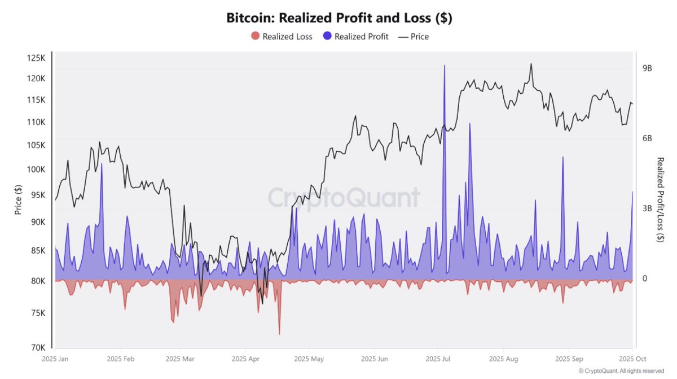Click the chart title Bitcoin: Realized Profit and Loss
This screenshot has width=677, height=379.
(x=339, y=18)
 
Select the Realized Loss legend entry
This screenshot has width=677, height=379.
(x=282, y=37)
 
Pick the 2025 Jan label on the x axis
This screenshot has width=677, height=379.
(x=55, y=359)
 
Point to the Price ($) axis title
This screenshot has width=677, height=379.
(x=18, y=201)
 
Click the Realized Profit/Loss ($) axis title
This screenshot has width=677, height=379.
(x=660, y=200)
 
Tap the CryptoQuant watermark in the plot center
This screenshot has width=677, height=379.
(x=343, y=198)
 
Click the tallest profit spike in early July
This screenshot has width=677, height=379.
(x=445, y=67)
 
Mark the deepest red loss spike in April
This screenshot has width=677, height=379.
(x=279, y=333)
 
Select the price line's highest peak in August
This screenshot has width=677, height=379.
(x=531, y=64)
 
